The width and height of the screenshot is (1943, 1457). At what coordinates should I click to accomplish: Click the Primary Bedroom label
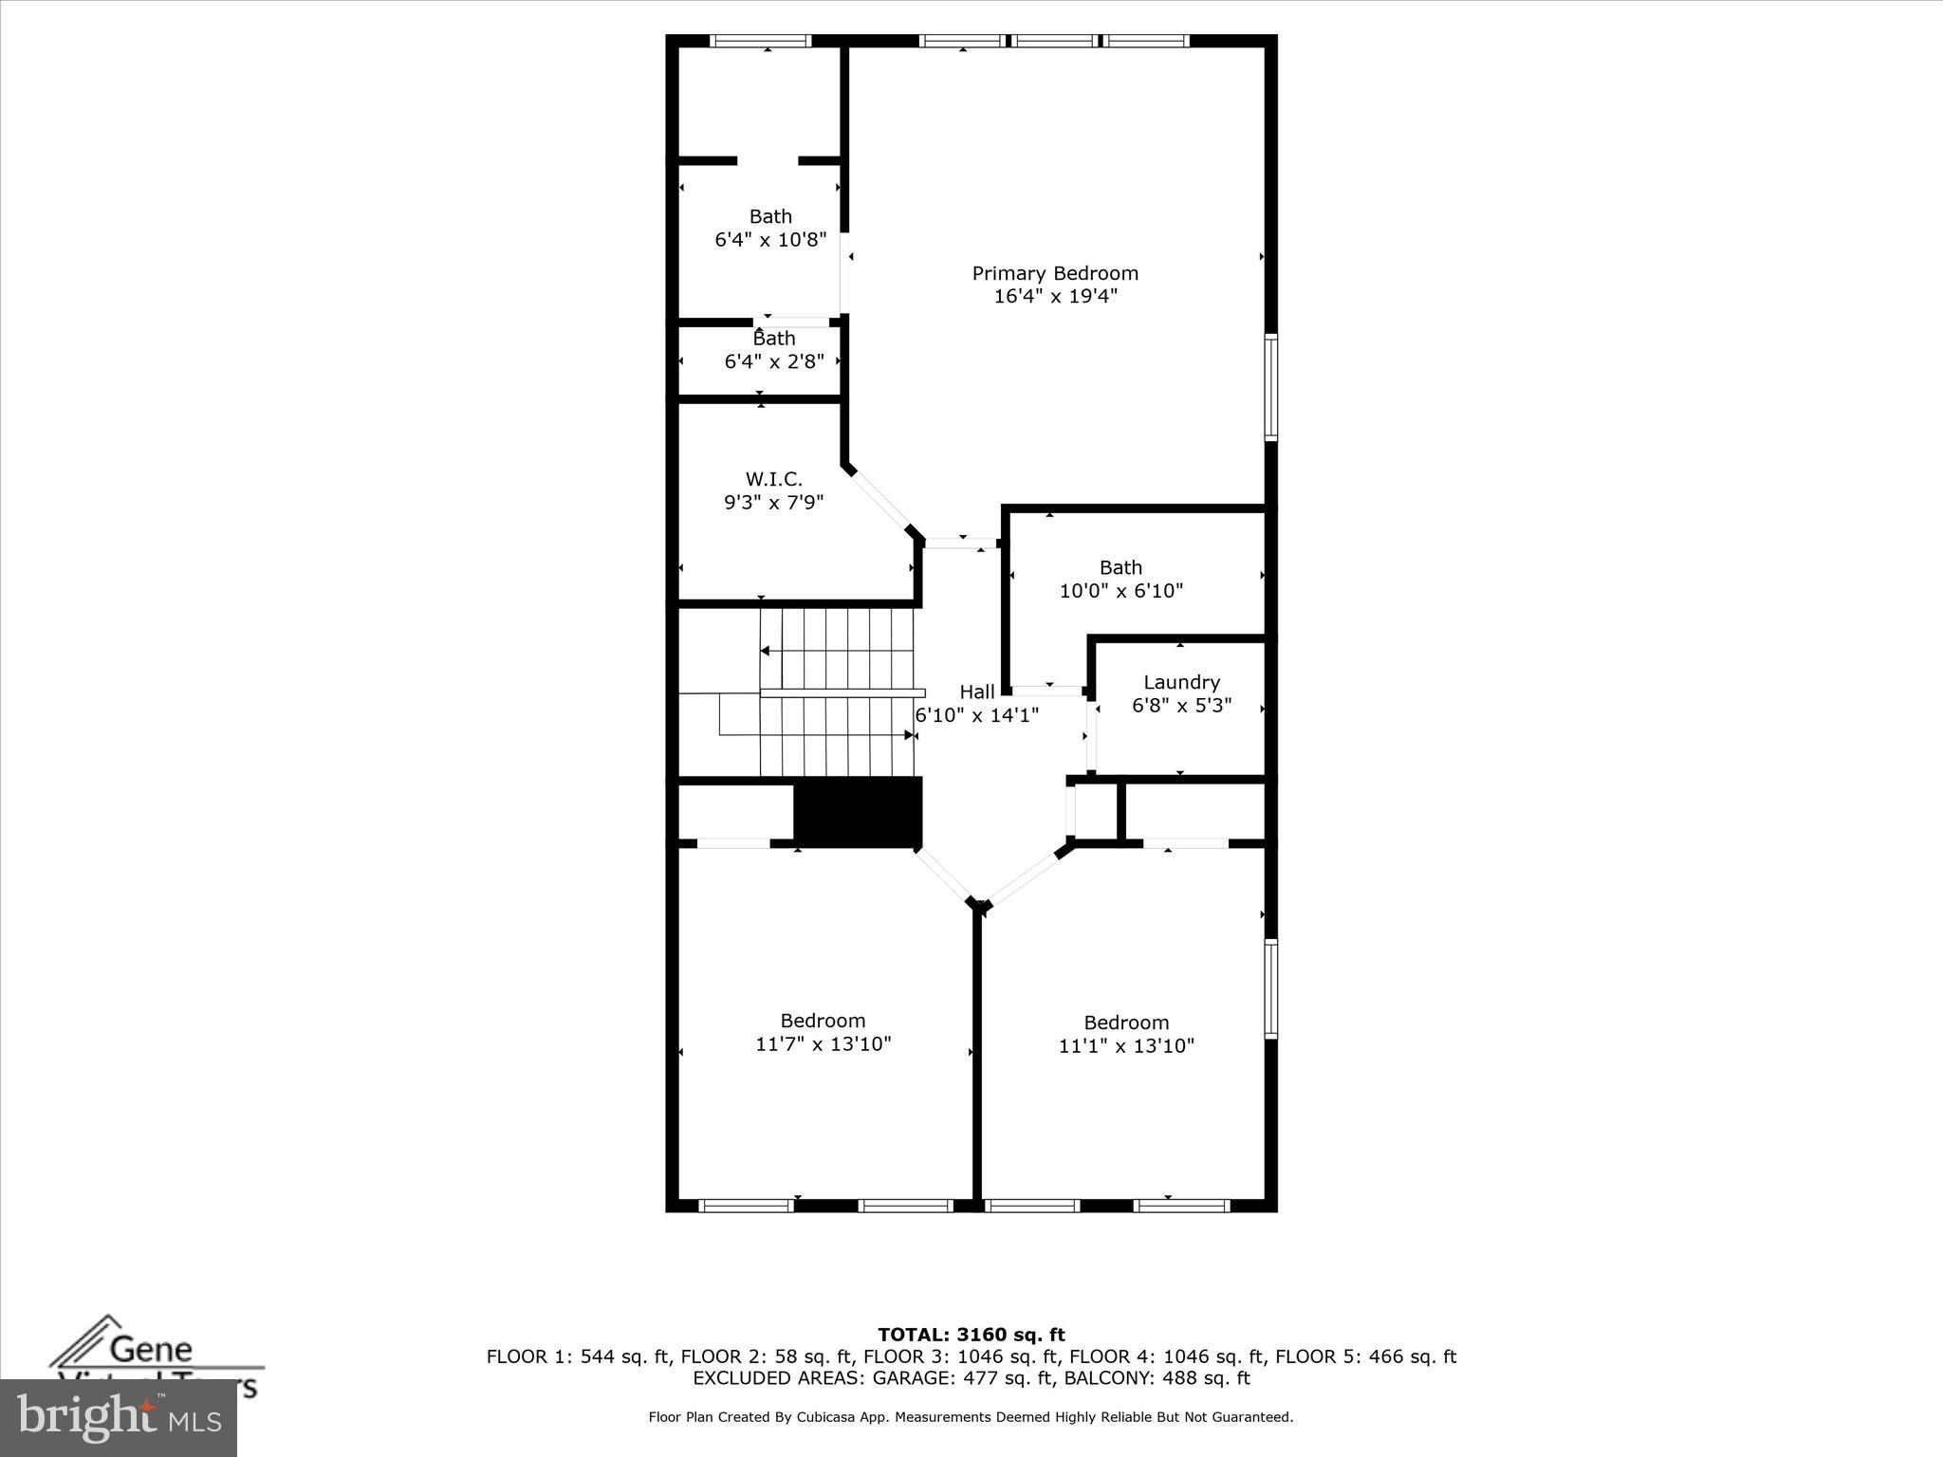(x=1054, y=273)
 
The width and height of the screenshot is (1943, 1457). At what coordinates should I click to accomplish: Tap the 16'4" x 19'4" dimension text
(x=1055, y=296)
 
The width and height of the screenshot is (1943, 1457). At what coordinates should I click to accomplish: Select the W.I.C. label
(x=773, y=479)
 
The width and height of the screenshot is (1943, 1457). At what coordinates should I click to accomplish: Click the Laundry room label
(x=1181, y=682)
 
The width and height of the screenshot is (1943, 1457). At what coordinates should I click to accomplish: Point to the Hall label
(x=976, y=692)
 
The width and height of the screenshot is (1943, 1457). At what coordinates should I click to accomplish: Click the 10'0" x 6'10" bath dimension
(x=1120, y=591)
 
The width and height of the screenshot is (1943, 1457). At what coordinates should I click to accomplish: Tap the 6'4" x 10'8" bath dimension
(x=770, y=240)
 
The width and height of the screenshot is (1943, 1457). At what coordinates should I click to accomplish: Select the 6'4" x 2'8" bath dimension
(x=774, y=361)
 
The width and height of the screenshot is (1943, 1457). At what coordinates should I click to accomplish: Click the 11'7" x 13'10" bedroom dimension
(x=823, y=1044)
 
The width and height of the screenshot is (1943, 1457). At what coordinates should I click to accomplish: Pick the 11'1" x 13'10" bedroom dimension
(x=1126, y=1046)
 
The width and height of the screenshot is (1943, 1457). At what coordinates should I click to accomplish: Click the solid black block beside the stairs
(x=857, y=811)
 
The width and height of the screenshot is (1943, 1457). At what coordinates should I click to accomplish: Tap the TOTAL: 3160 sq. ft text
(x=971, y=1335)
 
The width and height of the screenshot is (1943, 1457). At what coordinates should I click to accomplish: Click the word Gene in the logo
(x=151, y=1349)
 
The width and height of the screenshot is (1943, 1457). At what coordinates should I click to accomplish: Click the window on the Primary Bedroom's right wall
(x=1270, y=386)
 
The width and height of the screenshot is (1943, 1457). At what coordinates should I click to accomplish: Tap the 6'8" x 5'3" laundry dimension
(x=1181, y=706)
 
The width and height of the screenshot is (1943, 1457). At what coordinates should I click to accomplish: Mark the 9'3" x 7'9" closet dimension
(x=773, y=502)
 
